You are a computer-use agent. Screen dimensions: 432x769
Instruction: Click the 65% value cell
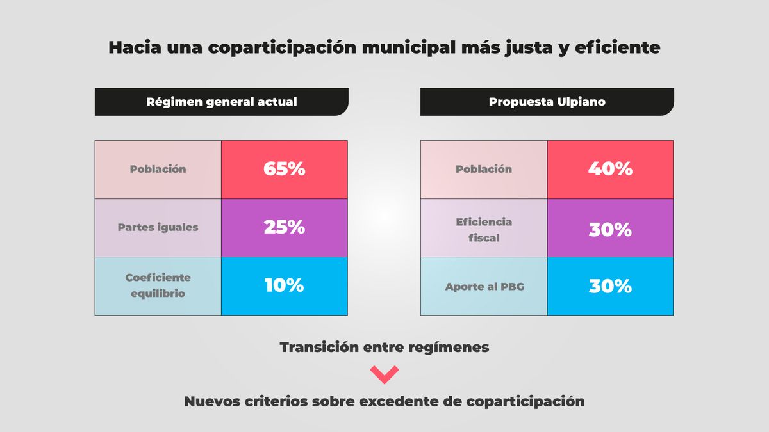pyautogui.click(x=284, y=170)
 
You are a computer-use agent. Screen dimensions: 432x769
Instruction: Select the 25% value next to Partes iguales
pyautogui.click(x=284, y=227)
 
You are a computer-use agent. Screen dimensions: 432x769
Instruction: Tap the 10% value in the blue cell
pyautogui.click(x=284, y=285)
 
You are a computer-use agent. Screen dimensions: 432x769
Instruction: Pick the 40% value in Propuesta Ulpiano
pyautogui.click(x=610, y=170)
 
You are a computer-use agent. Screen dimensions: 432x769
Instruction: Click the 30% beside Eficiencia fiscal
pyautogui.click(x=610, y=230)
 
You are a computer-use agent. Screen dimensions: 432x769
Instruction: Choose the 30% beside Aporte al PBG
pyautogui.click(x=610, y=286)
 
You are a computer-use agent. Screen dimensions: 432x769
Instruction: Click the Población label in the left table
pyautogui.click(x=158, y=170)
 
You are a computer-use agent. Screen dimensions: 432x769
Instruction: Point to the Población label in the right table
pyautogui.click(x=484, y=170)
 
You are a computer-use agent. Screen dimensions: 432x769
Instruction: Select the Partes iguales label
pyautogui.click(x=158, y=227)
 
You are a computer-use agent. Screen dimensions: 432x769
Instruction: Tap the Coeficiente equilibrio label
pyautogui.click(x=158, y=285)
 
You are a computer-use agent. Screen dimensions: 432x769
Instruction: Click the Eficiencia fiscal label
pyautogui.click(x=484, y=229)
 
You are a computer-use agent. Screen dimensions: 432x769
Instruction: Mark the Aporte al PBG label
pyautogui.click(x=484, y=286)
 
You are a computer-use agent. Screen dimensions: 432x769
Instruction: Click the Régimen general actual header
pyautogui.click(x=222, y=102)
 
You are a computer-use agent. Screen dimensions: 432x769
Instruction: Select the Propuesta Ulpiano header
pyautogui.click(x=547, y=102)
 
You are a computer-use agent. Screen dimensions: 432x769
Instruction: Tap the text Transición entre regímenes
pyautogui.click(x=384, y=348)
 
